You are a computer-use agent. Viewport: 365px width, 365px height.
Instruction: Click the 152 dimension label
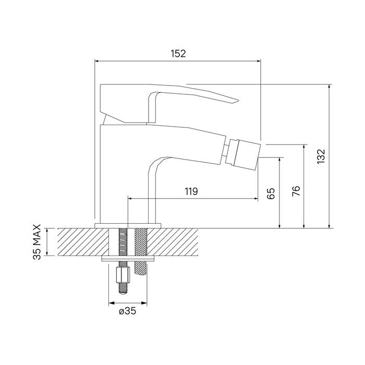pos(178,54)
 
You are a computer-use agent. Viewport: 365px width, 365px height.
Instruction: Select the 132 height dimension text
pos(321,156)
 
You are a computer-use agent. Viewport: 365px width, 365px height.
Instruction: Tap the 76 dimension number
pos(296,191)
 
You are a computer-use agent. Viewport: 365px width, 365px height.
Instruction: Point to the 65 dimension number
pos(271,193)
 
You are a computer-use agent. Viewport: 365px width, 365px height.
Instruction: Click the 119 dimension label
pos(191,191)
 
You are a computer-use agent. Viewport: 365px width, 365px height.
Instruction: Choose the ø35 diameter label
pos(127,311)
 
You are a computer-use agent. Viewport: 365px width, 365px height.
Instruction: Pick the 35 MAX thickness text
pos(37,242)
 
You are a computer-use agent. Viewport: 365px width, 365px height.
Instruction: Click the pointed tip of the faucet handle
pos(238,101)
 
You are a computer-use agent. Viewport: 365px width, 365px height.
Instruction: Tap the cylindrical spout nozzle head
pos(244,153)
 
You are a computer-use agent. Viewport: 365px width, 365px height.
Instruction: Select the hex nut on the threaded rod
pos(123,274)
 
